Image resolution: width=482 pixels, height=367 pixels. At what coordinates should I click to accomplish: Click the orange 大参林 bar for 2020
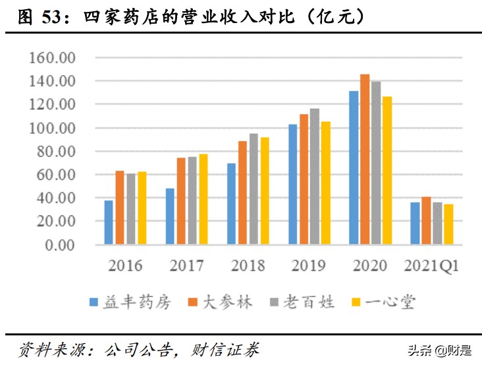pos(365,159)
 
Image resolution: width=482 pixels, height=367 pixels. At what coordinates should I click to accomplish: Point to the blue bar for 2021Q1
pos(415,224)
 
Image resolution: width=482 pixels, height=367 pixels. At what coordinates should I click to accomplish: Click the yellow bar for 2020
pos(387,171)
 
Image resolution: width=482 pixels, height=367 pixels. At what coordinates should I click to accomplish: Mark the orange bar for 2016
pos(120,208)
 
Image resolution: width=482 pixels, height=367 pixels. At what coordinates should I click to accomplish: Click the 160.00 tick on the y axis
pos(53,58)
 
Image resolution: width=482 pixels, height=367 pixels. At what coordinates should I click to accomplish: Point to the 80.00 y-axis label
pos(55,152)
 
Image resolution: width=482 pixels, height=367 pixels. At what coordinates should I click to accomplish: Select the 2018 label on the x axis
pos(248,266)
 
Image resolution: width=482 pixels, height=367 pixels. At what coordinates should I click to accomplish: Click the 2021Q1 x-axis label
pos(431,266)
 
